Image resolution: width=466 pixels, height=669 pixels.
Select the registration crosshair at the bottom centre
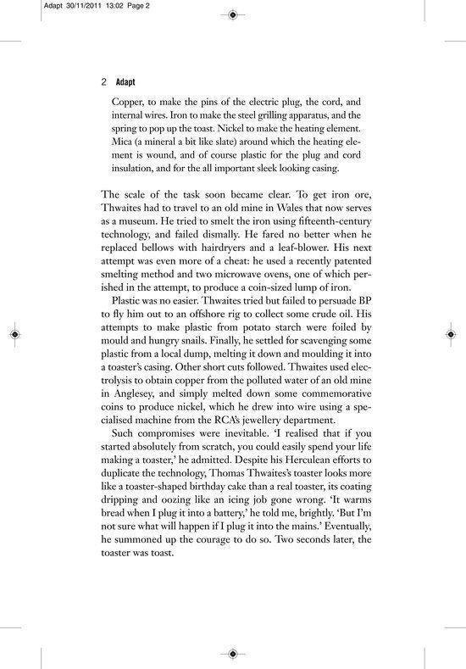click(233, 654)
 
